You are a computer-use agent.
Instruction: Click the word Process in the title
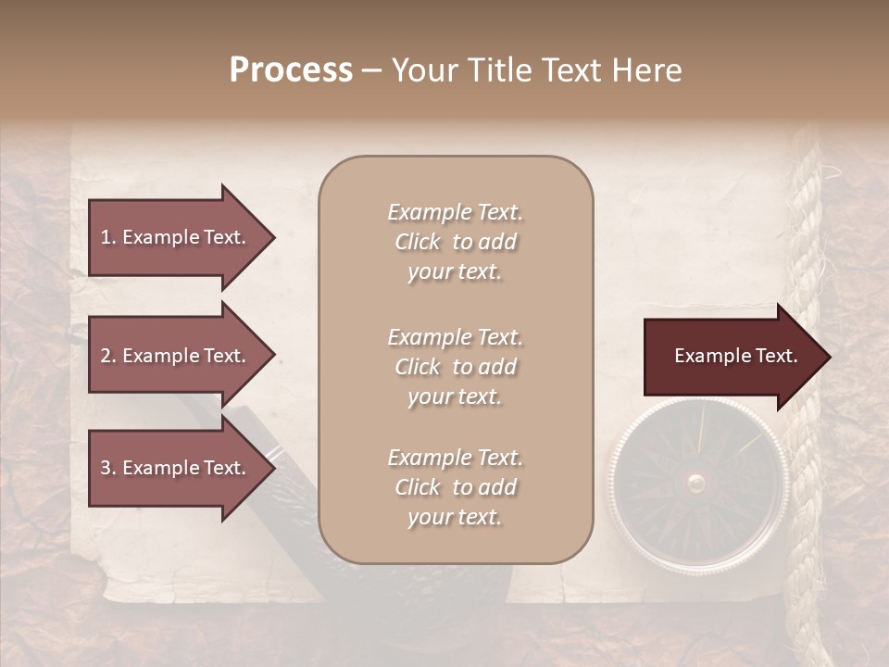[291, 70]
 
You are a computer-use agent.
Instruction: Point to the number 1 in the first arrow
[105, 237]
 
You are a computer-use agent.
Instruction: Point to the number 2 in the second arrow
[106, 356]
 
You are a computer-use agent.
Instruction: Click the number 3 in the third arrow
[106, 468]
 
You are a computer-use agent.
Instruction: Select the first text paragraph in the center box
[455, 242]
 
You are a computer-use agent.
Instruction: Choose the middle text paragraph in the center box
[455, 366]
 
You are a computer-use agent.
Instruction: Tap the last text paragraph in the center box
[455, 487]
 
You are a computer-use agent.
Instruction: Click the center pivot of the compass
[696, 482]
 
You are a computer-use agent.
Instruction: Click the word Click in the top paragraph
[418, 242]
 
